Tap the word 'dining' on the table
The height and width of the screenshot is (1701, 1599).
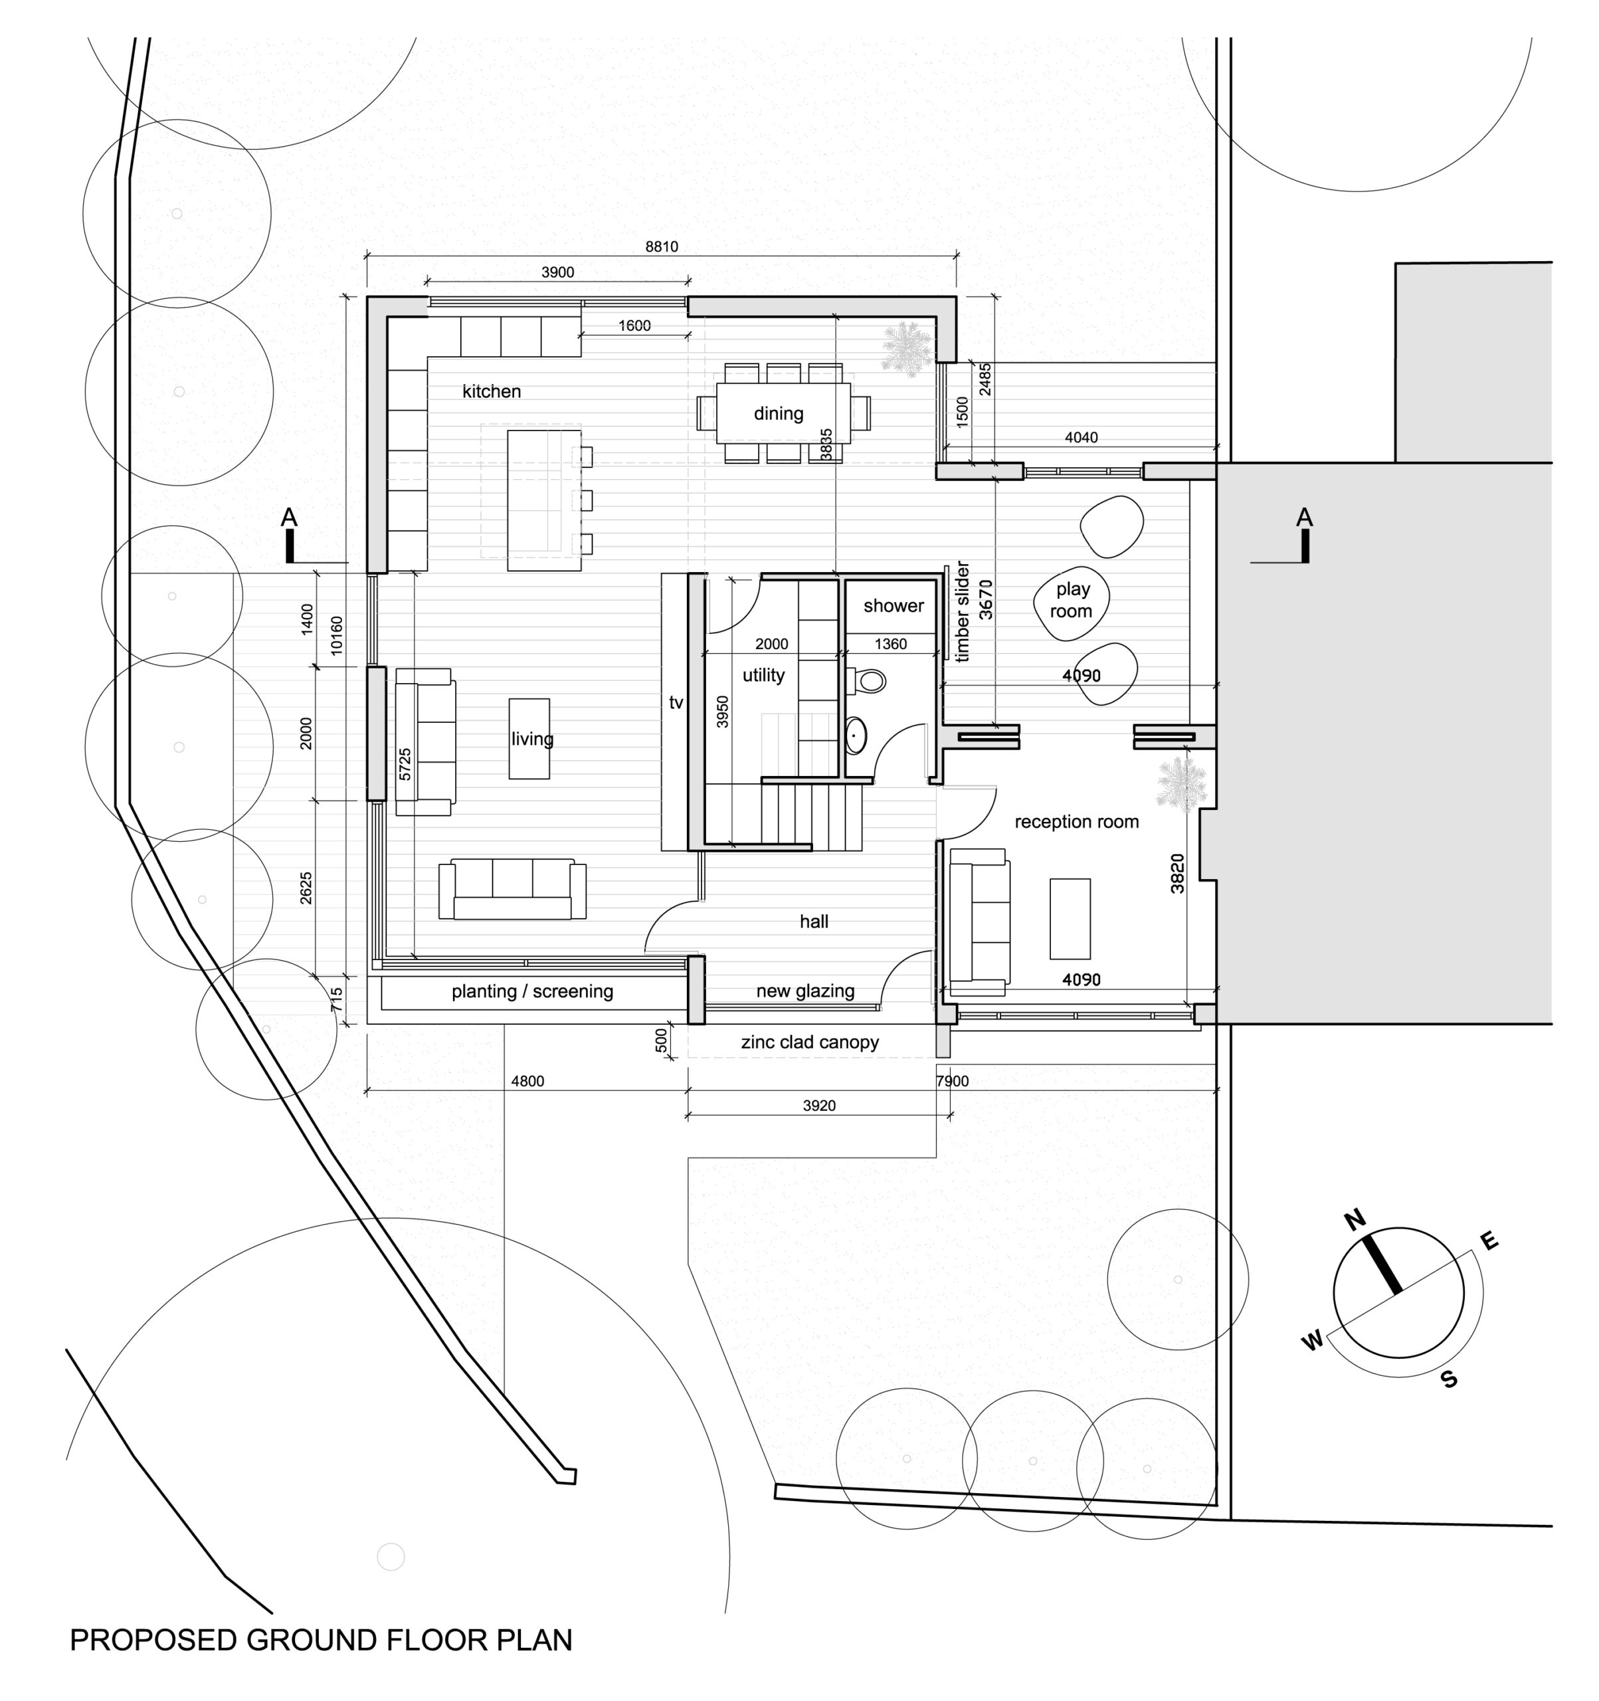tap(778, 414)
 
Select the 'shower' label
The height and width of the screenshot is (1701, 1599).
tap(894, 606)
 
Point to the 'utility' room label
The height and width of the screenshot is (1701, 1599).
tap(763, 675)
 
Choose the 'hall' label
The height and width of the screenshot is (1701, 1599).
tap(814, 922)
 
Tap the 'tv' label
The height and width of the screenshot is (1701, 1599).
tap(676, 702)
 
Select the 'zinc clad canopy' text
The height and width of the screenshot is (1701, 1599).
tap(809, 1042)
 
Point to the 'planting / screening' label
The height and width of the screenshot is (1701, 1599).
tap(532, 991)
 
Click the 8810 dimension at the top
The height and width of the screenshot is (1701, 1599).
tap(662, 247)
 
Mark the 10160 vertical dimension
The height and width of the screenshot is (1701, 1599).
tap(336, 636)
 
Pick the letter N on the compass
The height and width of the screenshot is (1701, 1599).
tap(1355, 1219)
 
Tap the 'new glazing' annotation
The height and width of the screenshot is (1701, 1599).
tap(805, 991)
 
